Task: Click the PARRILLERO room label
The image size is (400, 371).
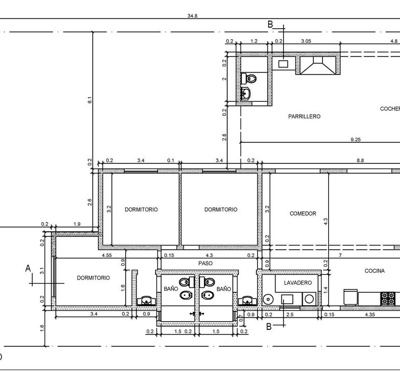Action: (x=304, y=117)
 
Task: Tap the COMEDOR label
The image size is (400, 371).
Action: (x=303, y=213)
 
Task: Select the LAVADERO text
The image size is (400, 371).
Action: (x=298, y=283)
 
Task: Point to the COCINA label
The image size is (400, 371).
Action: (x=374, y=271)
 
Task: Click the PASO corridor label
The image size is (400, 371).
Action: (x=205, y=264)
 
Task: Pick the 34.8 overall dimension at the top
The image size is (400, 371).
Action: (x=192, y=16)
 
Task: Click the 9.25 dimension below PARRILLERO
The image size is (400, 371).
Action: (x=355, y=140)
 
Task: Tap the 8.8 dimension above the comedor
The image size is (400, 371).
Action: (x=360, y=160)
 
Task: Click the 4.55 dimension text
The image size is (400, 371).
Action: (x=107, y=255)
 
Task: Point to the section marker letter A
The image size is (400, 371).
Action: (x=28, y=268)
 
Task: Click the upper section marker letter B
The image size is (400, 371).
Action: (x=270, y=24)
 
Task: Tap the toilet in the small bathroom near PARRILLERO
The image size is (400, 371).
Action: (x=249, y=78)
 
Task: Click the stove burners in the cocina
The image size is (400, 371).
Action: (x=388, y=299)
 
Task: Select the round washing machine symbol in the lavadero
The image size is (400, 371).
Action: (x=309, y=299)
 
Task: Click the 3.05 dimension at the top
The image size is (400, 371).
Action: (x=306, y=41)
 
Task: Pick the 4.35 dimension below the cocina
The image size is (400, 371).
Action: (x=370, y=314)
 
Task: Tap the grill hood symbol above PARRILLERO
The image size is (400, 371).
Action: (x=318, y=65)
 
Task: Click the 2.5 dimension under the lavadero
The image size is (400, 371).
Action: (x=290, y=314)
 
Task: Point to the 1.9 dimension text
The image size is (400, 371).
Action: (x=77, y=224)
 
